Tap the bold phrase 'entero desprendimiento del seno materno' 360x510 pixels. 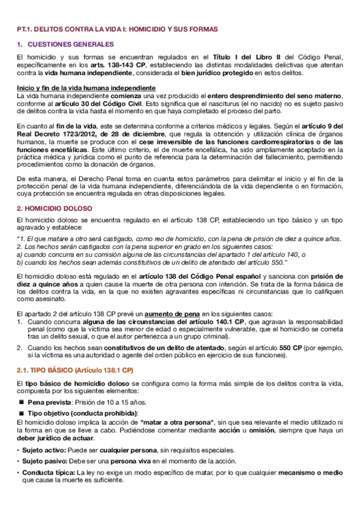tap(275, 96)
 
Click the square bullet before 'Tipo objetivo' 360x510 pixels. tap(21, 413)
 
